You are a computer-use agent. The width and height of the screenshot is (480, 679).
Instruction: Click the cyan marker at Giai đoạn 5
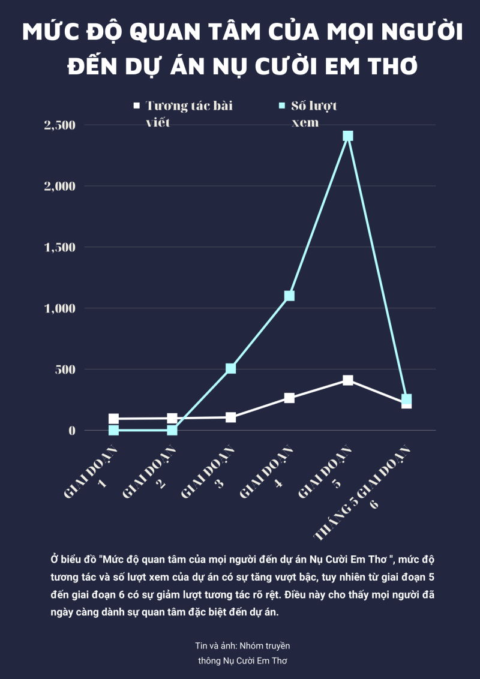pyautogui.click(x=348, y=136)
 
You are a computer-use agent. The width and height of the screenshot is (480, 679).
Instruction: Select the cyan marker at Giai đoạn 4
pyautogui.click(x=289, y=296)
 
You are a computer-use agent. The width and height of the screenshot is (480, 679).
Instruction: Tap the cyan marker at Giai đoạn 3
pyautogui.click(x=231, y=368)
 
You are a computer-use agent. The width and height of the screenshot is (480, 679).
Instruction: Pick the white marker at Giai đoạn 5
pyautogui.click(x=348, y=380)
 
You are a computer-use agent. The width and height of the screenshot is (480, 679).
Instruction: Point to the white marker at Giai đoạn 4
pyautogui.click(x=289, y=398)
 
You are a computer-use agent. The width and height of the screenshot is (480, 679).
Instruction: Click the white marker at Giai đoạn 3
pyautogui.click(x=231, y=417)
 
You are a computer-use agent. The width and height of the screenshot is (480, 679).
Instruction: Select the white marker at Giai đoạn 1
pyautogui.click(x=113, y=419)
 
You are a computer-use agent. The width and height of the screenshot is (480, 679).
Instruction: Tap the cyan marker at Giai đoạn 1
pyautogui.click(x=113, y=430)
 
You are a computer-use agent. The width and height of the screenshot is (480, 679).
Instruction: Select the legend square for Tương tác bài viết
pyautogui.click(x=136, y=106)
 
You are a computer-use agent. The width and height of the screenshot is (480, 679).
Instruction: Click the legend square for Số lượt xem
pyautogui.click(x=282, y=106)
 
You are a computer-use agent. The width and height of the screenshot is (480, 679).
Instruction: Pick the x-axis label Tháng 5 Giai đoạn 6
pyautogui.click(x=362, y=493)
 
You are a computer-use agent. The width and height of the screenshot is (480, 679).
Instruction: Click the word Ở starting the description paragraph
pyautogui.click(x=55, y=559)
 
